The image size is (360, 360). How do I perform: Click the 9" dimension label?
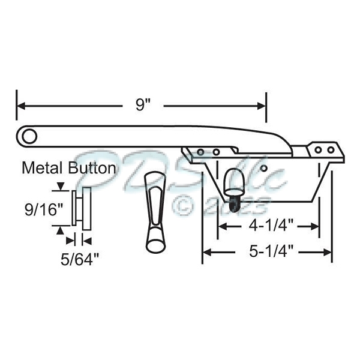coord(142,105)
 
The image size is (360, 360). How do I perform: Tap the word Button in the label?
coord(90,168)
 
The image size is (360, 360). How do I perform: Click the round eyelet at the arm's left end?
coord(28,135)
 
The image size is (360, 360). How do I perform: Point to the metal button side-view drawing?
coord(81,208)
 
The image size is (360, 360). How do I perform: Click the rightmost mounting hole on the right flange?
coord(329,149)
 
